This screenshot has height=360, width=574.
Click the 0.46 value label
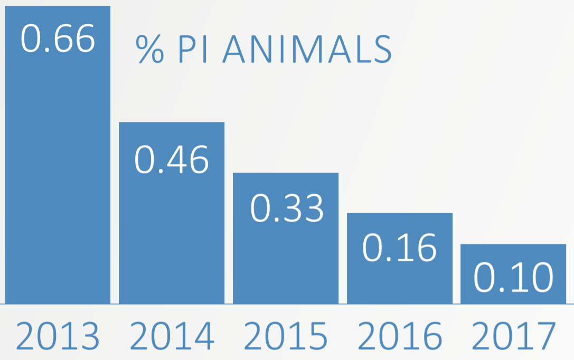(172, 159)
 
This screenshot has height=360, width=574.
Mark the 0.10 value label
(513, 278)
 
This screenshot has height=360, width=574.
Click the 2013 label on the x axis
(58, 336)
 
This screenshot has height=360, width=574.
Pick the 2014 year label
(172, 336)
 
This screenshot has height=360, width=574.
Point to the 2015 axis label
(286, 336)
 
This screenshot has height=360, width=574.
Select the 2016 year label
(400, 336)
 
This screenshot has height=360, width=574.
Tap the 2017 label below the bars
(513, 336)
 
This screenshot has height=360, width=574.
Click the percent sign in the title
(149, 49)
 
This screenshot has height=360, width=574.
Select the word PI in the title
(193, 49)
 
